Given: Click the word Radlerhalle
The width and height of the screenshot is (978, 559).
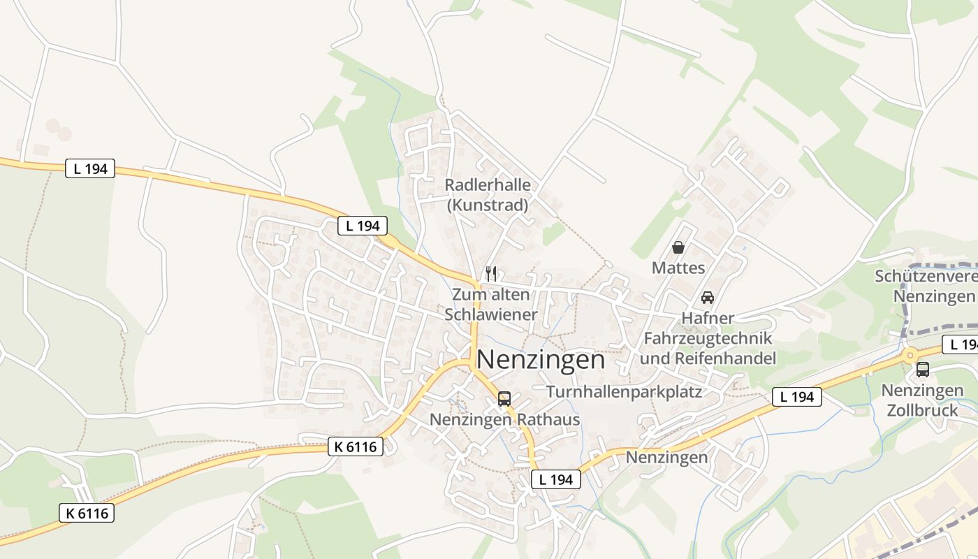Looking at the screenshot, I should pos(488,185).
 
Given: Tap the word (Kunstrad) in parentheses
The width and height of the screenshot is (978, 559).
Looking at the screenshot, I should pos(488,205).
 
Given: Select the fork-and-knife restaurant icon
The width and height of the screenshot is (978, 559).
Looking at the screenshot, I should pos(491,273).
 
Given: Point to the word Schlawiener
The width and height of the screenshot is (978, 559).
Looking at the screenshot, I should pos(491,314).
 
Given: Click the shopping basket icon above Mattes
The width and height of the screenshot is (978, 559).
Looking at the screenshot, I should pos(678,247).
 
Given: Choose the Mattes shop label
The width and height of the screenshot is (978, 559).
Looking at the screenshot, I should pos(678,268).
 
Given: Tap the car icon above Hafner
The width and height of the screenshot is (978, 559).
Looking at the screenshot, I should pos(708,297).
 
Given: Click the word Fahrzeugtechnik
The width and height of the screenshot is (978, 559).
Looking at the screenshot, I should pos(708,339).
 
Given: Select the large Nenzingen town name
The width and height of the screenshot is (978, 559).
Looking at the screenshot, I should pos(541,359).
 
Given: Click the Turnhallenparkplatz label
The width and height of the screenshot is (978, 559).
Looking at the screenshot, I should pos(624,392).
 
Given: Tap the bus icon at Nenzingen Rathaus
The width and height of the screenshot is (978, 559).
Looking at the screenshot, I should pos(504,399).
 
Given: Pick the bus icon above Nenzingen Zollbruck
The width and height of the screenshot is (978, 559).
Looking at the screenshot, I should pos(923,370).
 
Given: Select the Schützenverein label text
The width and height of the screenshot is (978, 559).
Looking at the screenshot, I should pos(926,277).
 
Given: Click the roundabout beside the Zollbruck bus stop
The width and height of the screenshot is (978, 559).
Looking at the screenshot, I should pos(910,355).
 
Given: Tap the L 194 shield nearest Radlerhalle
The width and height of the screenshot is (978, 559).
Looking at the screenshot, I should pos(363,226).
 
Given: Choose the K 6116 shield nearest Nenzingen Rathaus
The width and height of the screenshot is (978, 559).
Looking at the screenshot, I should pos(356,447).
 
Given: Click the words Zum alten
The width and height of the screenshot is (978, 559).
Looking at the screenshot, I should pos(491,294).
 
